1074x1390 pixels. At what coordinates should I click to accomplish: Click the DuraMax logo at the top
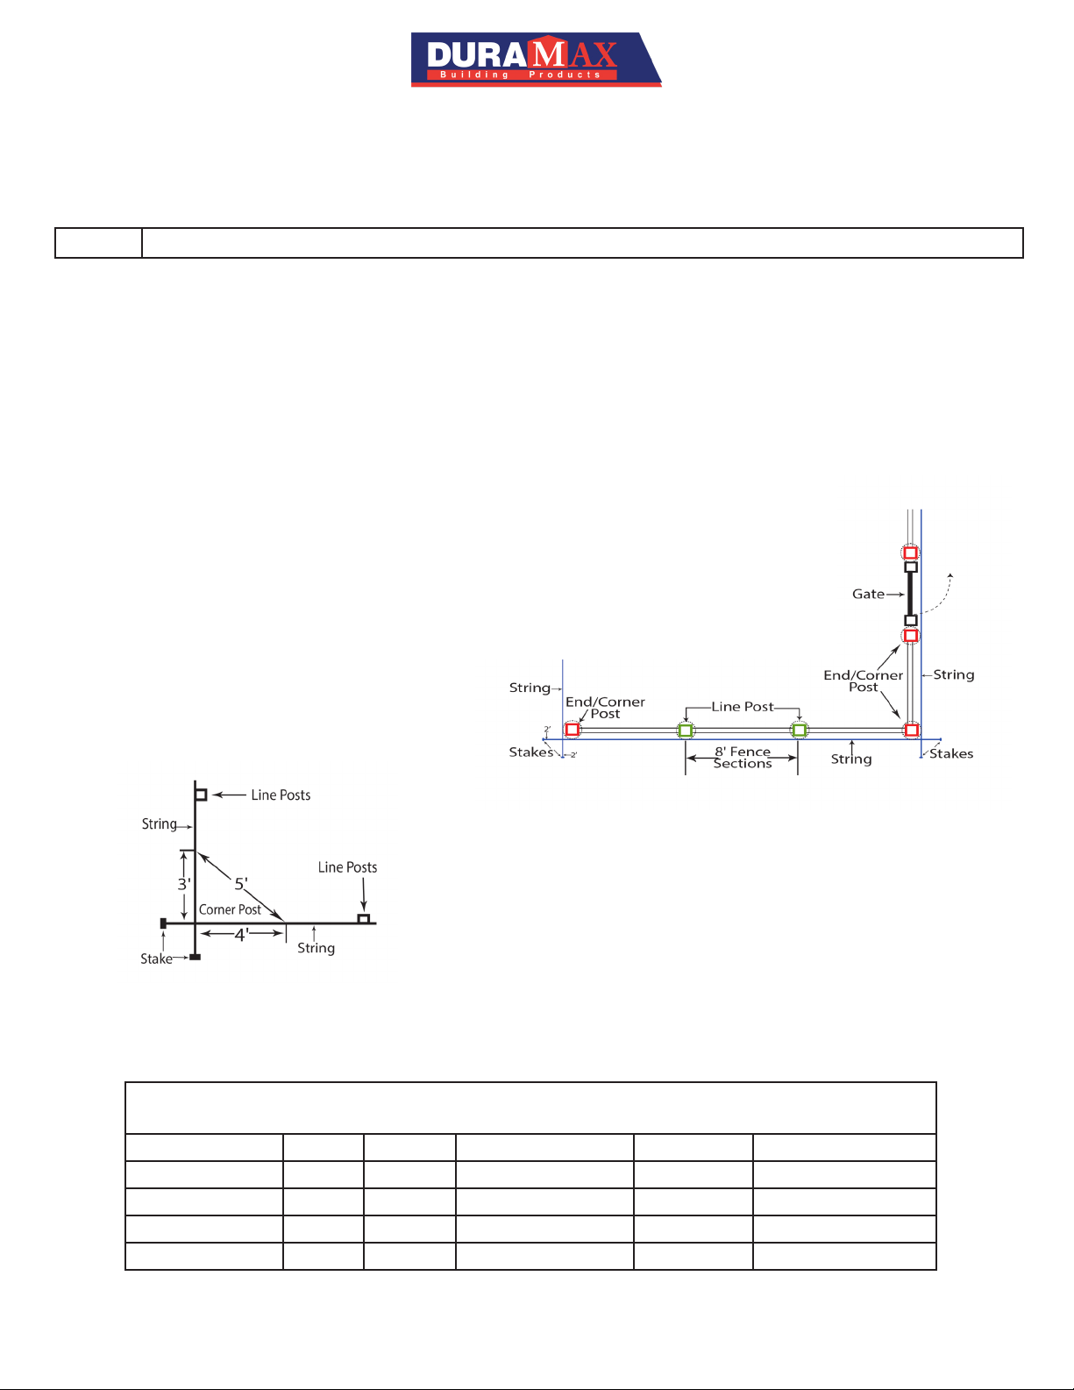[x=536, y=59]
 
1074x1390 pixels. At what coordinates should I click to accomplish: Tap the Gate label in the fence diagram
[x=868, y=594]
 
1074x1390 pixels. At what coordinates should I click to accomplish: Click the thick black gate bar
[x=910, y=594]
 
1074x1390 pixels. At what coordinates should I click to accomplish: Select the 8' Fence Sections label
[x=743, y=758]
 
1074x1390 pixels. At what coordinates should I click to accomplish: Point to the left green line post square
[x=686, y=730]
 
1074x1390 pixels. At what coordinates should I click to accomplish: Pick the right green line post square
[x=799, y=730]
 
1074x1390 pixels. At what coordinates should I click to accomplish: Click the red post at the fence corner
[x=912, y=730]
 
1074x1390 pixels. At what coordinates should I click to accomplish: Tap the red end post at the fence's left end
[x=573, y=730]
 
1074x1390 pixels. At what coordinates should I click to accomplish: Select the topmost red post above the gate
[x=910, y=552]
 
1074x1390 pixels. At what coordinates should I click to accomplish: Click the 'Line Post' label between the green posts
[x=743, y=707]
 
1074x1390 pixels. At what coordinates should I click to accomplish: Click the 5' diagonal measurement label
[x=241, y=884]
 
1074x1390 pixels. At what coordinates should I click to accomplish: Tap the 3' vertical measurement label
[x=184, y=884]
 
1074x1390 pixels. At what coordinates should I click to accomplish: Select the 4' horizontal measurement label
[x=241, y=935]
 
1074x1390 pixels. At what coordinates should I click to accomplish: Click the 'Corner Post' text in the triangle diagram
[x=230, y=909]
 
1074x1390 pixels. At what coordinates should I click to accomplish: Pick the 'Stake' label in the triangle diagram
[x=157, y=959]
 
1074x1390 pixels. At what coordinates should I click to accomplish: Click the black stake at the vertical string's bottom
[x=196, y=957]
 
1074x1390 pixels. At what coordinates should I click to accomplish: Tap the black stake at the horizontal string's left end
[x=164, y=923]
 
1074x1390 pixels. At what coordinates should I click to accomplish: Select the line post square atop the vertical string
[x=201, y=795]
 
